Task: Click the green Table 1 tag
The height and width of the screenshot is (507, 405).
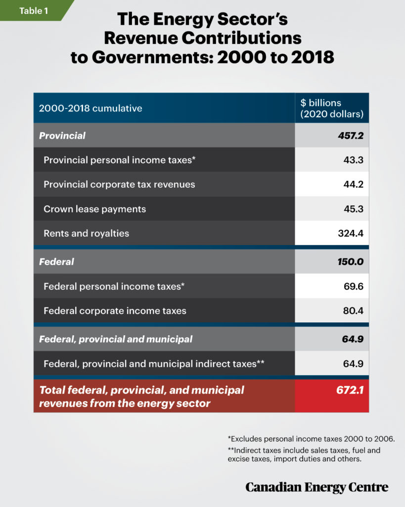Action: pos(34,10)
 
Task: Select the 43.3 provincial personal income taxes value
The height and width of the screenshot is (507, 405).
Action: pos(354,160)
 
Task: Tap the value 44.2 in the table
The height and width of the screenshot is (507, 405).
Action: pos(354,184)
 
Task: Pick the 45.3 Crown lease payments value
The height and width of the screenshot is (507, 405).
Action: pos(354,209)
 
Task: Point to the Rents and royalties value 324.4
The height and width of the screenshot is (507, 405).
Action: pos(351,233)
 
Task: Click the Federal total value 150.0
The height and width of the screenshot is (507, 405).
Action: pos(350,261)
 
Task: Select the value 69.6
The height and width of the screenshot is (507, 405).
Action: pos(354,286)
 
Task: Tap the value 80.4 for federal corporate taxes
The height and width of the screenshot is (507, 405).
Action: pos(354,311)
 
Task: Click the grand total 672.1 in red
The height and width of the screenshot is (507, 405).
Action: pos(351,390)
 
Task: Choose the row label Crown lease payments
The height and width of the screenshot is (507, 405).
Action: pos(94,209)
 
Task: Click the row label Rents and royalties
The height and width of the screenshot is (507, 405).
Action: pos(86,233)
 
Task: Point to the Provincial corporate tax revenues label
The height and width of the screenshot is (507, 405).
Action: pos(119,184)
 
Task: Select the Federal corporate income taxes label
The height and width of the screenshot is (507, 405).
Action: pos(115,311)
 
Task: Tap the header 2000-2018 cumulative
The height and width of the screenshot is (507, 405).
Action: pos(90,108)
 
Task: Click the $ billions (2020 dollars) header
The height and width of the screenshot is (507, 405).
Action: pos(332,108)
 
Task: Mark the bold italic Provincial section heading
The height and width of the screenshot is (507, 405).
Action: pos(62,135)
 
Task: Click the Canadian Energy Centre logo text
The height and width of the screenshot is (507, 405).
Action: pos(316,487)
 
